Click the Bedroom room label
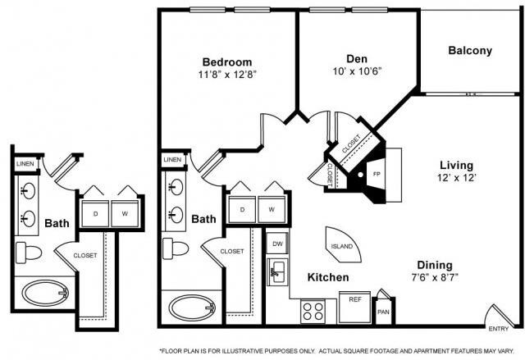click(x=227, y=62)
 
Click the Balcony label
click(x=470, y=51)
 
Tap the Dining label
click(x=433, y=265)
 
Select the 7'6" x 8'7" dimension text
click(x=433, y=278)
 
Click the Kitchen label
click(x=328, y=278)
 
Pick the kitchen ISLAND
click(x=341, y=244)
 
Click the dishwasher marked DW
click(x=276, y=244)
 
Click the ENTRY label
click(x=498, y=329)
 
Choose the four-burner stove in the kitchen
click(x=313, y=311)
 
